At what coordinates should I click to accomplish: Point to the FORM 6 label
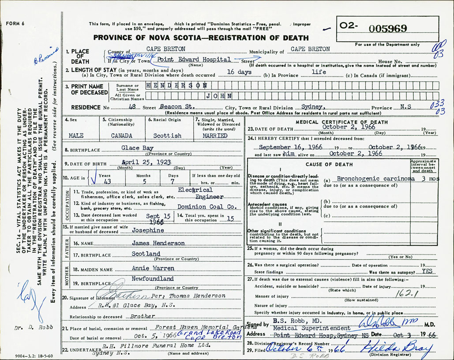coord(16,23)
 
